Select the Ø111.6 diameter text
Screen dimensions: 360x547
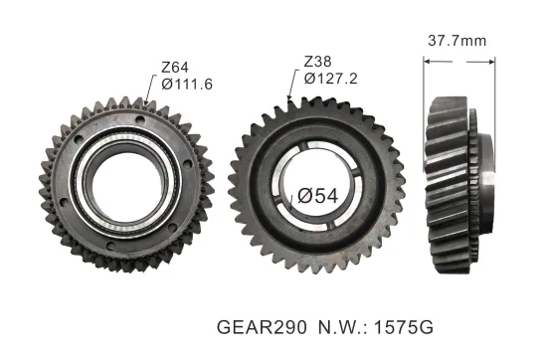point(186,87)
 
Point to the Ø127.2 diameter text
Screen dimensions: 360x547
point(329,78)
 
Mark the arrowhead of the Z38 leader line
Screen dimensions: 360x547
point(289,99)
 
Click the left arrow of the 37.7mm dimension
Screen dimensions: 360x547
point(429,60)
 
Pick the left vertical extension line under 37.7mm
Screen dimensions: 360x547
point(425,75)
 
